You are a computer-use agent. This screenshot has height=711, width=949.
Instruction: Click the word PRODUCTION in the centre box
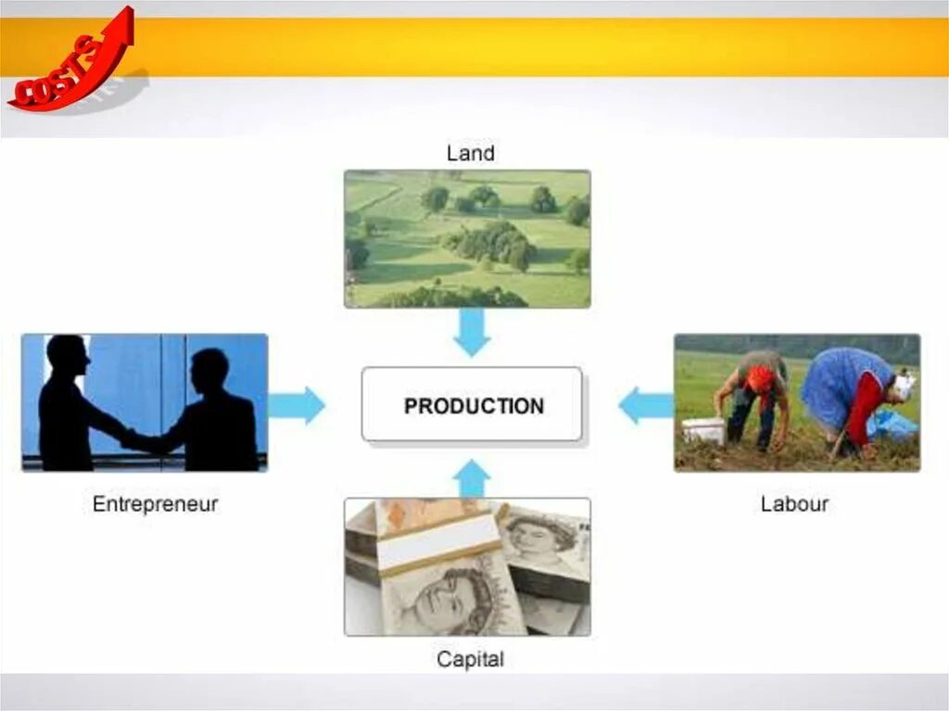click(474, 406)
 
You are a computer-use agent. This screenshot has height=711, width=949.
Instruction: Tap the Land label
click(470, 153)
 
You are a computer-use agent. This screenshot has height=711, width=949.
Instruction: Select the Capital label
click(470, 660)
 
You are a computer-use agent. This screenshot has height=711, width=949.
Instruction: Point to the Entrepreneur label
click(155, 504)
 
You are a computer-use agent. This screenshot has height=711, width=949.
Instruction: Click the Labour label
click(794, 504)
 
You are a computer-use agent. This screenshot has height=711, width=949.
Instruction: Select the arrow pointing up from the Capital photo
click(472, 478)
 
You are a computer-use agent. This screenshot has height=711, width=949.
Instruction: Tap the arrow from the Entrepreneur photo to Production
click(297, 405)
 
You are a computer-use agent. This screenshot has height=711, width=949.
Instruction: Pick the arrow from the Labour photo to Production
click(645, 405)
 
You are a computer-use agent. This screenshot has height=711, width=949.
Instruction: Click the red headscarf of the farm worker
click(760, 378)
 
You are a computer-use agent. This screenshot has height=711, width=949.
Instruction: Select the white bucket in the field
click(704, 430)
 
